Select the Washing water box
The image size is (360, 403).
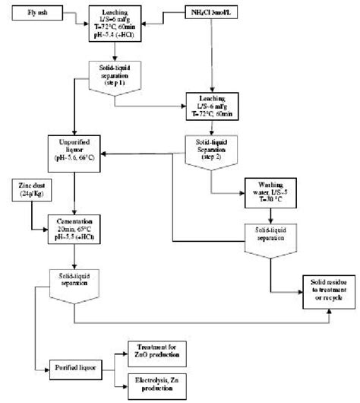point(270,189)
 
